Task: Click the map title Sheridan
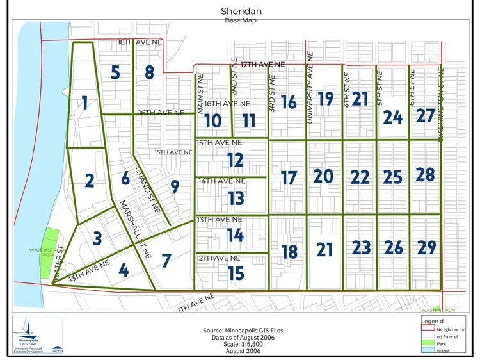pos(241,11)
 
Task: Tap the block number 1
pos(84,102)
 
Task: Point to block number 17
pos(289,177)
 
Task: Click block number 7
pos(166,261)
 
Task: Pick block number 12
pos(236,160)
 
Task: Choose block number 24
pos(392,117)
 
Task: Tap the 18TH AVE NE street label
pos(141,42)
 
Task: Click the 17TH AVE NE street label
pos(257,65)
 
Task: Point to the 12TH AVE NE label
pos(219,258)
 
